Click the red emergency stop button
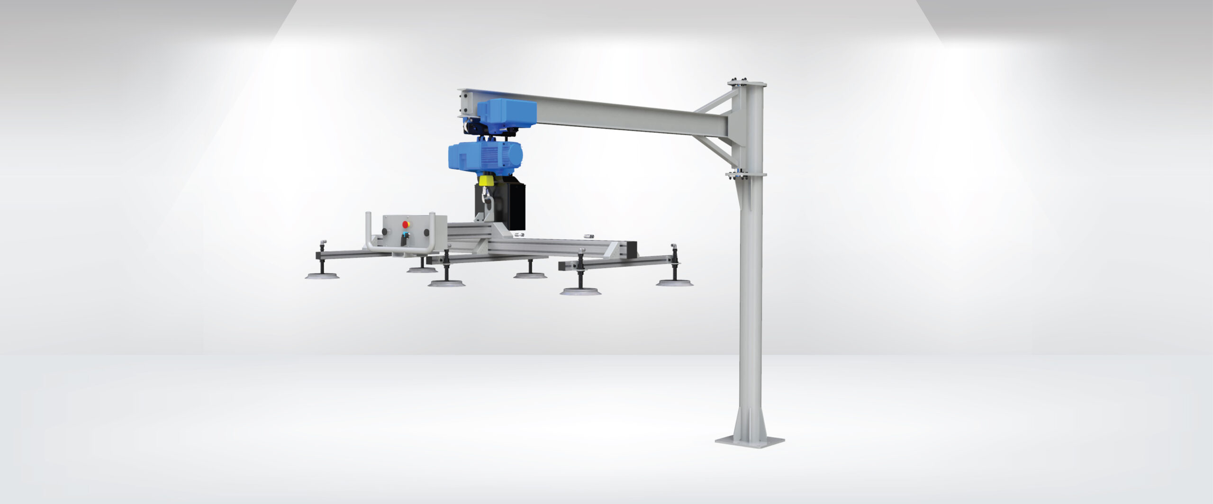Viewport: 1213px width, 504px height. click(406, 224)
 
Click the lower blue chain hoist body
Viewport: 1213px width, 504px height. click(483, 156)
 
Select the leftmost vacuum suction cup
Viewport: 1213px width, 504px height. click(322, 276)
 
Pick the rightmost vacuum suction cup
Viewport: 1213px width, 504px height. click(674, 283)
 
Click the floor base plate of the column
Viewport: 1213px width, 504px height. click(749, 441)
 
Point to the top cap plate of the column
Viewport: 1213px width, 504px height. click(747, 84)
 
